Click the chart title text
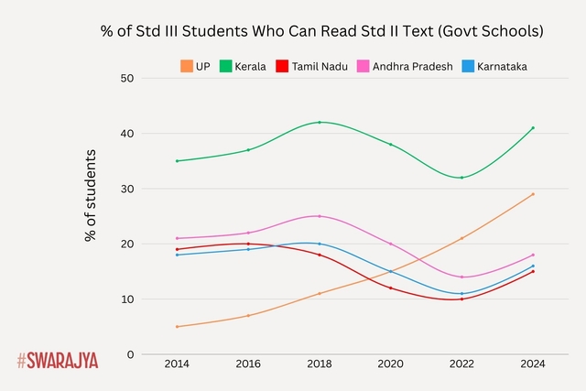tap(321, 31)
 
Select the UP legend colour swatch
tap(187, 66)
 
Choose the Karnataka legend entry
tap(495, 66)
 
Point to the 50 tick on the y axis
tap(128, 79)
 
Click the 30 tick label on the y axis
tap(128, 189)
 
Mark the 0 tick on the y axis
tap(131, 354)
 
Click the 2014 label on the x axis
tap(177, 364)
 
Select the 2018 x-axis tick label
tap(319, 364)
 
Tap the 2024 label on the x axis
tap(532, 364)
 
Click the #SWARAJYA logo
tap(57, 360)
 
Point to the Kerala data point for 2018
tap(319, 122)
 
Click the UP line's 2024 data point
tap(532, 194)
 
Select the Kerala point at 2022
tap(461, 178)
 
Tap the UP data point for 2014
tap(177, 327)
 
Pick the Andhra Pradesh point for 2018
tap(319, 216)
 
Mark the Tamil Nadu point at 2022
tap(461, 299)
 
